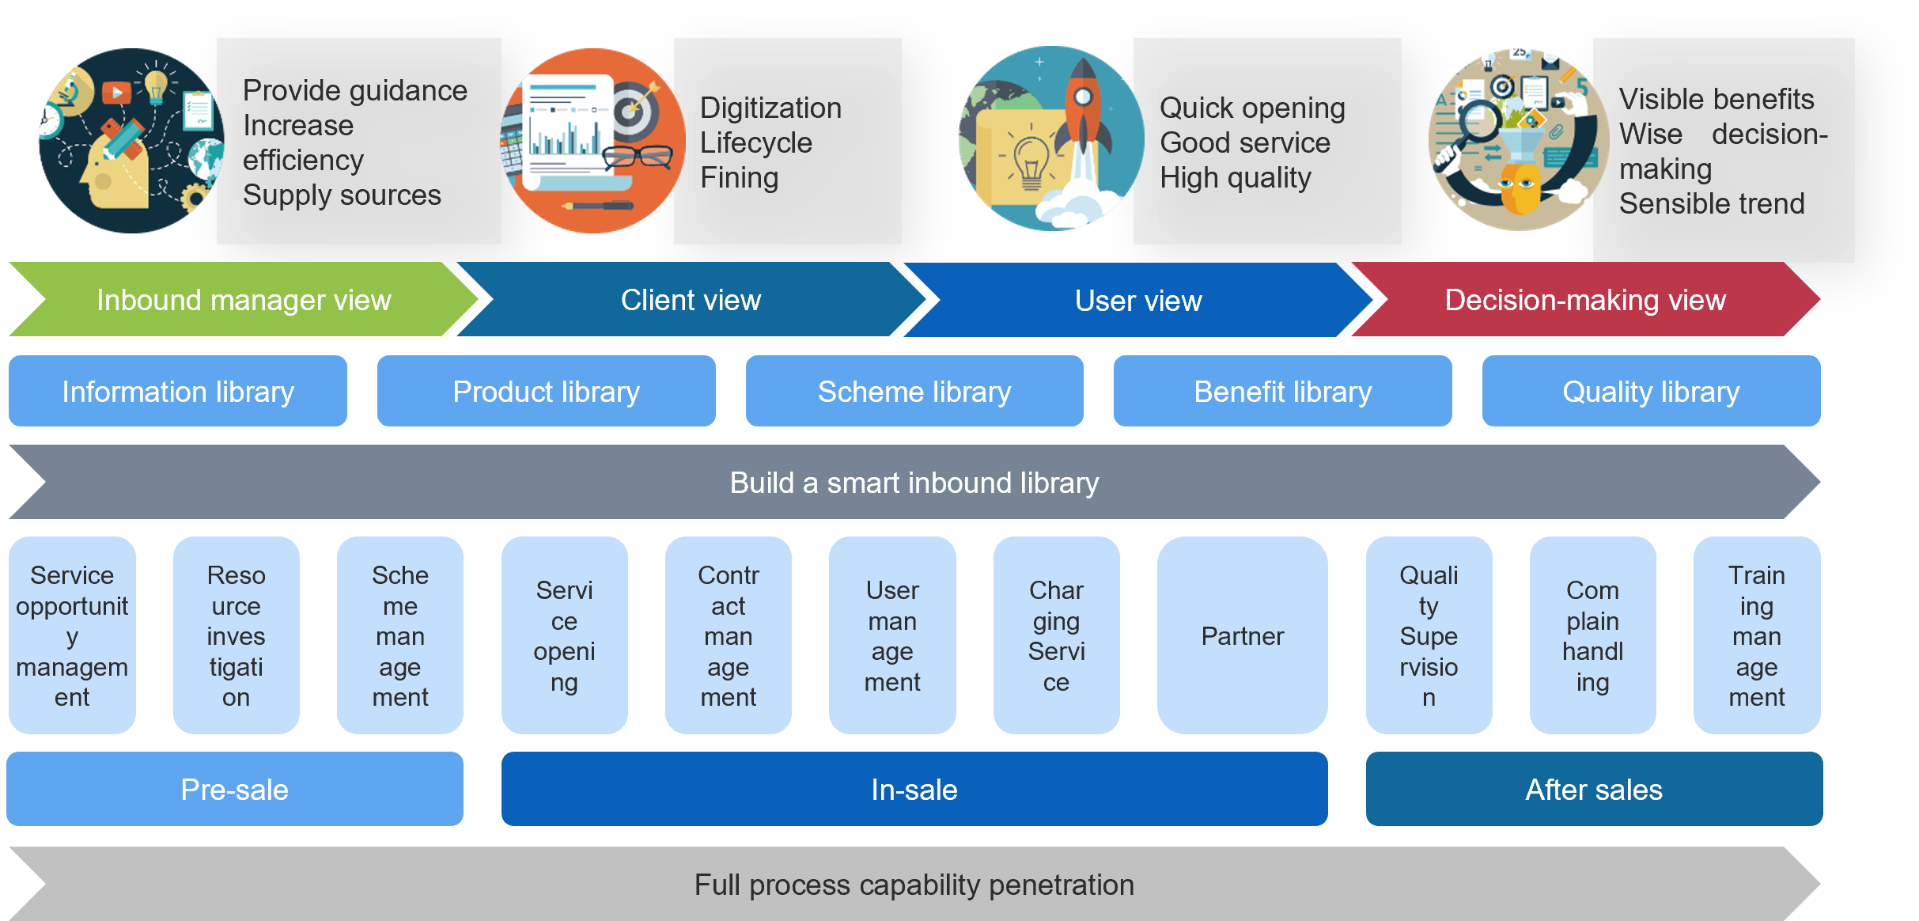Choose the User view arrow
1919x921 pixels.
[x=1139, y=300]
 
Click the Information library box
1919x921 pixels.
[x=178, y=391]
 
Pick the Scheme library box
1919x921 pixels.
[x=914, y=391]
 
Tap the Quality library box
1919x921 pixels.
[x=1652, y=391]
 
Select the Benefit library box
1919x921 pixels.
[x=1283, y=391]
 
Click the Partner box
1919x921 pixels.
[x=1242, y=635]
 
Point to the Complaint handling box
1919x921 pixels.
[x=1592, y=635]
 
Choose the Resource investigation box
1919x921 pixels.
[x=236, y=635]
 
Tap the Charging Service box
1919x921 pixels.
[x=1056, y=635]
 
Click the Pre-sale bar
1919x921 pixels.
[x=235, y=789]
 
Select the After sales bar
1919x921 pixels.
[x=1594, y=789]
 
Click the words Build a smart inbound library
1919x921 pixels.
[x=914, y=483]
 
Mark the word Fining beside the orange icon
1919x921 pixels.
[x=740, y=178]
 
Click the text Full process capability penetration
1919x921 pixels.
[x=914, y=885]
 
